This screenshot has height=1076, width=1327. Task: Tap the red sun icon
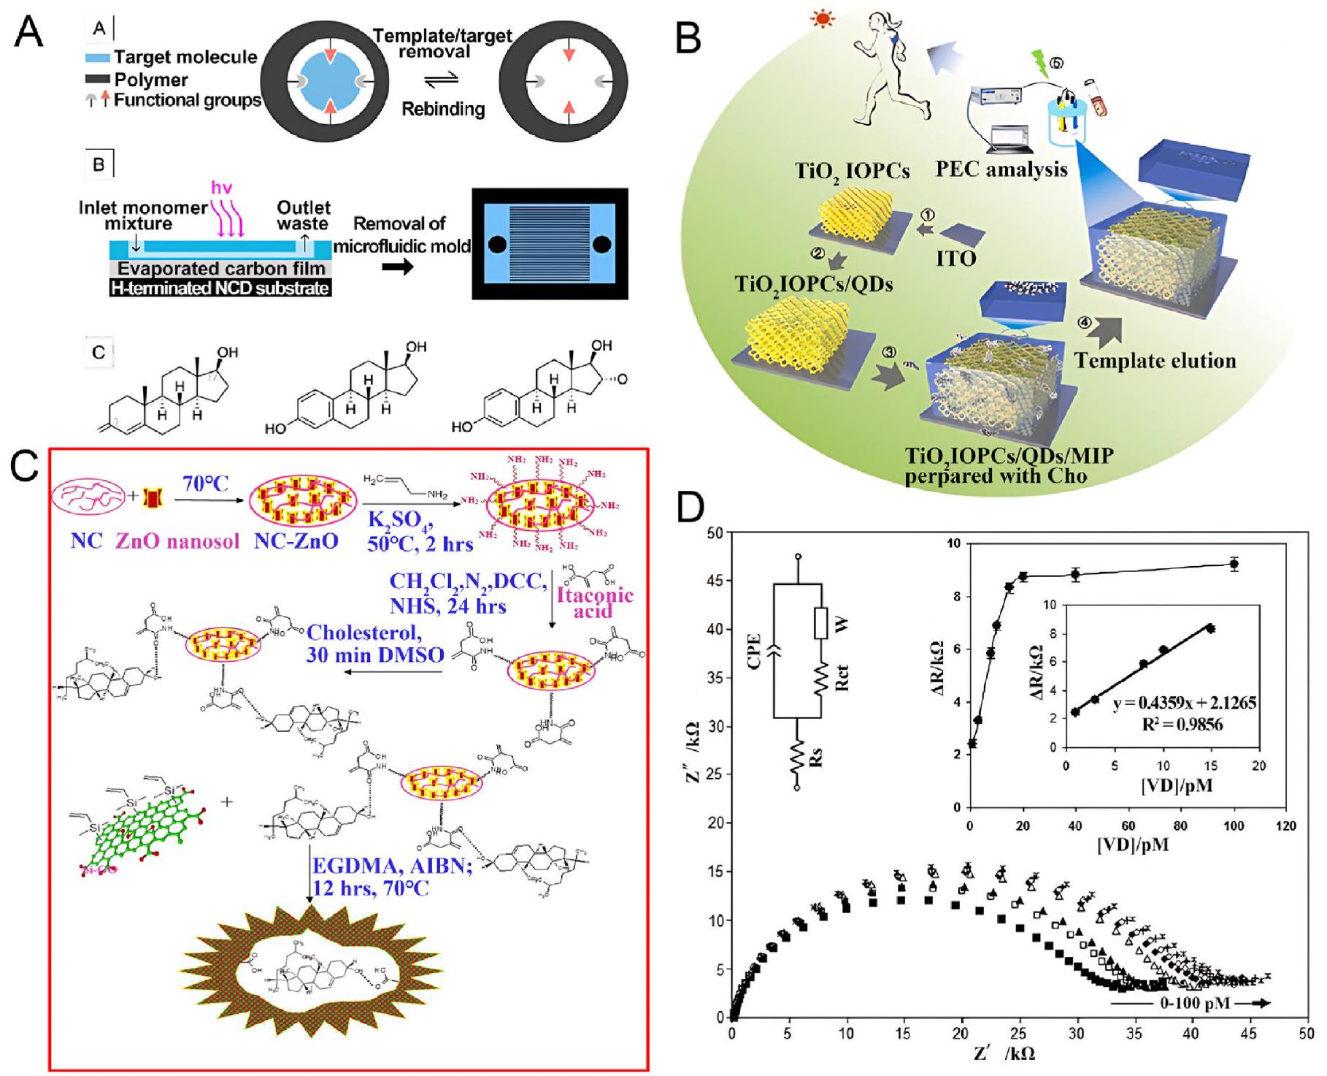(x=823, y=18)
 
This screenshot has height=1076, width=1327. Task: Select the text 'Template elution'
(x=1155, y=360)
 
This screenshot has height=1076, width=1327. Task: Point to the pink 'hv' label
(x=222, y=188)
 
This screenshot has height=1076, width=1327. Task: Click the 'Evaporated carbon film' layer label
(x=222, y=269)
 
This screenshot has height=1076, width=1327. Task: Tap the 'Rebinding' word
(x=443, y=109)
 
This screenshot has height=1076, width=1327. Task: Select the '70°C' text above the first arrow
(x=205, y=483)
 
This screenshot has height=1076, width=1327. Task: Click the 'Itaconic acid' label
(x=593, y=602)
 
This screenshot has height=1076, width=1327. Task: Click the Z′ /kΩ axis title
(x=1004, y=1052)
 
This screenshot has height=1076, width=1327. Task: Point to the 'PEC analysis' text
(x=1001, y=169)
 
